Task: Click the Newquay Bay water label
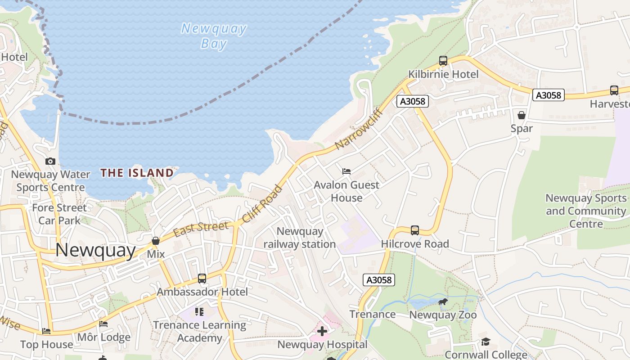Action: [x=214, y=36]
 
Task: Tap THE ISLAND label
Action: [x=137, y=173]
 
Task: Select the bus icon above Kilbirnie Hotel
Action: [x=443, y=61]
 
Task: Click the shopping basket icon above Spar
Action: [x=522, y=116]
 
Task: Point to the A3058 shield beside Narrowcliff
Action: [x=413, y=101]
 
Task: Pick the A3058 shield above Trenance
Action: [x=379, y=280]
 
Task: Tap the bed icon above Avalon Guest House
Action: [x=346, y=171]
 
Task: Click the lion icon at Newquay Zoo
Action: [x=443, y=302]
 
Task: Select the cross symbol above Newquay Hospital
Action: [x=322, y=332]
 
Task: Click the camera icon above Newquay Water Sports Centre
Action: [x=50, y=161]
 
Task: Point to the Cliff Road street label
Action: [x=262, y=204]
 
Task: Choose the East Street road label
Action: [x=201, y=229]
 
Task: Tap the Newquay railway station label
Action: [x=300, y=238]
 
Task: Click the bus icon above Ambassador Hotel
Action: [x=202, y=279]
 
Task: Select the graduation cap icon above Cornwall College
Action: [x=486, y=342]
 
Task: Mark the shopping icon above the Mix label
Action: [x=156, y=241]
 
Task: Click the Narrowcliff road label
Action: [x=359, y=129]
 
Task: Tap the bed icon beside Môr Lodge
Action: [x=103, y=324]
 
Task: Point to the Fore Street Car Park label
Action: [x=59, y=214]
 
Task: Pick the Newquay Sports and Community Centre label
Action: [x=586, y=211]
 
